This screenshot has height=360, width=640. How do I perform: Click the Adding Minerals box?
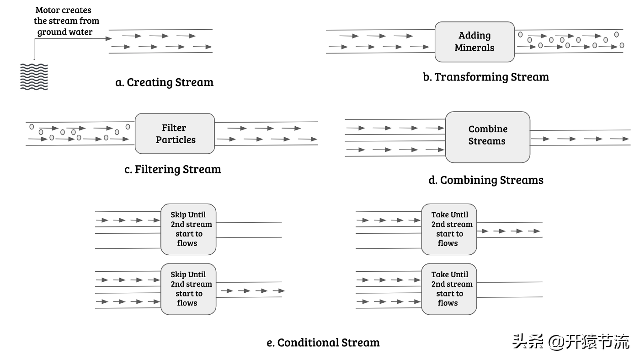(x=474, y=42)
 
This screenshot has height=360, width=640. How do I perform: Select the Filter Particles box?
(x=175, y=134)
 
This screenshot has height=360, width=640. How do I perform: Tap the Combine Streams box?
(x=487, y=137)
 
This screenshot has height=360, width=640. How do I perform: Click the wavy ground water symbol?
(x=34, y=76)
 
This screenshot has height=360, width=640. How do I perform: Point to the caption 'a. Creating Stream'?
(x=165, y=82)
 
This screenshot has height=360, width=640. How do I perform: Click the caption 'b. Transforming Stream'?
(x=486, y=77)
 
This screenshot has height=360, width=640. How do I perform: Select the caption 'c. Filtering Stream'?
(x=173, y=169)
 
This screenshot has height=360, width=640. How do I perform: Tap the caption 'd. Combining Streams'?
(x=486, y=180)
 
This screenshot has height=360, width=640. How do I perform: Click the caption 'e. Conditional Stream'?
(x=323, y=343)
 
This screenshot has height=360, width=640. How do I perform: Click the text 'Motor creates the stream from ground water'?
(x=66, y=21)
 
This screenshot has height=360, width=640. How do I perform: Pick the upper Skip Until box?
(x=188, y=229)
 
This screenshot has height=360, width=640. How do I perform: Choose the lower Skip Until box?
(x=188, y=289)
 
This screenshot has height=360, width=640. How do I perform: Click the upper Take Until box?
(x=448, y=229)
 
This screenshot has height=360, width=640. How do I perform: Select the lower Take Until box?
(x=448, y=289)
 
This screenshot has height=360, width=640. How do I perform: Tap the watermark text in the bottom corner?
(x=571, y=342)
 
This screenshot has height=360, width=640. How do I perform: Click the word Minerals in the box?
(x=474, y=48)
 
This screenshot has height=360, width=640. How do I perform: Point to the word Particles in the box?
(x=176, y=140)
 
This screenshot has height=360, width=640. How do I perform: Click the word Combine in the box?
(x=488, y=129)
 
